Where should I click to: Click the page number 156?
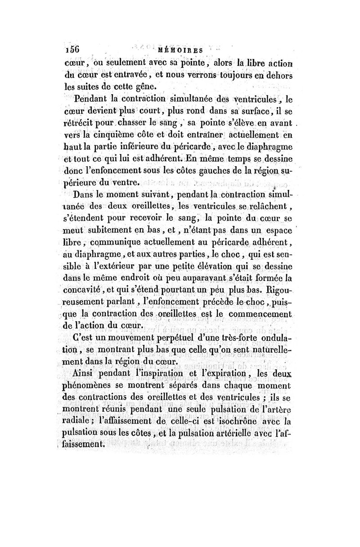[x=72, y=50]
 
